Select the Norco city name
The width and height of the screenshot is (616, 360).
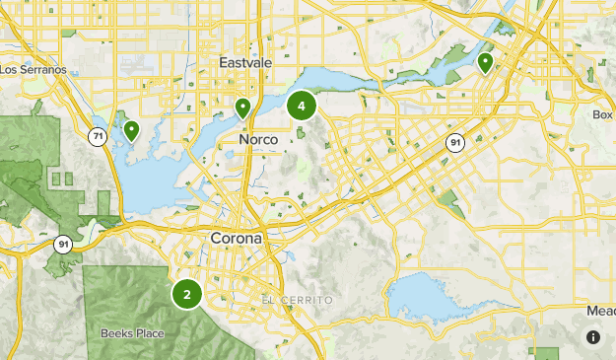tap(258, 141)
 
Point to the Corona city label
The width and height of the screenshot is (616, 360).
tap(237, 239)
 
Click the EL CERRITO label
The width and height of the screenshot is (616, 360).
tap(298, 300)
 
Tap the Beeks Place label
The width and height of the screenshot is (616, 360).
tap(132, 333)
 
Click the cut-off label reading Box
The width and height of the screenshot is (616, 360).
tap(603, 114)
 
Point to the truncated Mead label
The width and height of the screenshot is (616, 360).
tap(600, 311)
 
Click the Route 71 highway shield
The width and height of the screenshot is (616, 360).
tap(97, 136)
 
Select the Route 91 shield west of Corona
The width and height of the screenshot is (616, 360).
tap(62, 245)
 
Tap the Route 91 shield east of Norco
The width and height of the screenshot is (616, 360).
tap(454, 143)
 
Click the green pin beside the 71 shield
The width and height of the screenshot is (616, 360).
tap(130, 130)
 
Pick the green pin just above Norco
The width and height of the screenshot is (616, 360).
tap(242, 108)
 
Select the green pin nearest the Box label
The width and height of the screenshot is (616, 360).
tap(485, 63)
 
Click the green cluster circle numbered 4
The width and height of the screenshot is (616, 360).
tap(302, 105)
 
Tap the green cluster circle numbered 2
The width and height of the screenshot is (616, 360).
tap(187, 294)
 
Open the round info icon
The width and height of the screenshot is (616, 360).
tap(593, 337)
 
